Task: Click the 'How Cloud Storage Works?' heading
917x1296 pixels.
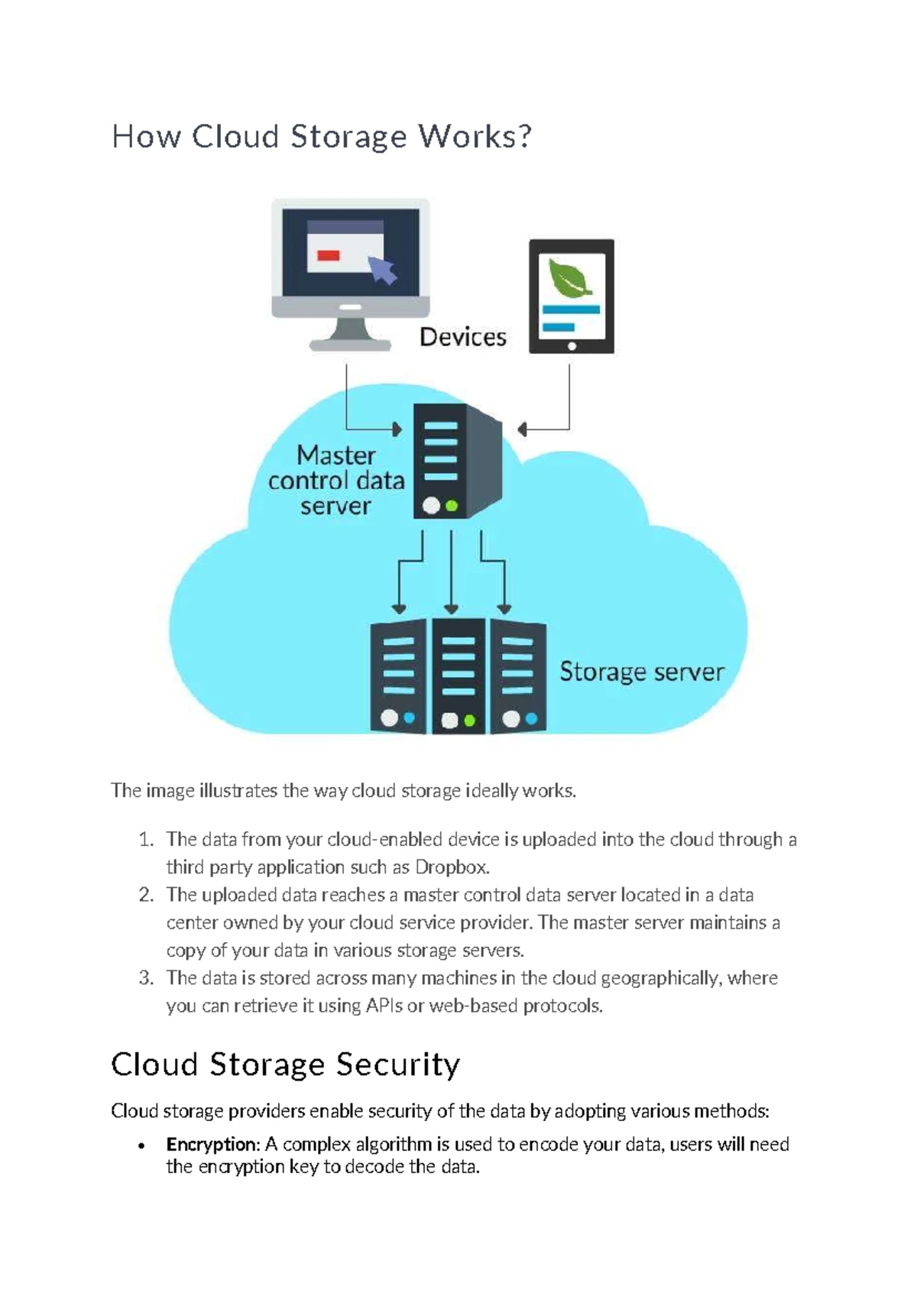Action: coord(321,138)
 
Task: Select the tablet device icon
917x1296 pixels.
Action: coord(572,296)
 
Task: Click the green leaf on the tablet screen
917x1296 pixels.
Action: coord(570,277)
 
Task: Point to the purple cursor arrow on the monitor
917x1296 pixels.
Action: coord(382,269)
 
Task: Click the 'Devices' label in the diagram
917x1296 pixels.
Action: coord(463,337)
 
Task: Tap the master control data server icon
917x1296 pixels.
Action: coord(456,462)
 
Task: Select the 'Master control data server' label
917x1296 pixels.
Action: coord(336,481)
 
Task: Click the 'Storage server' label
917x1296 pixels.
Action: coord(641,672)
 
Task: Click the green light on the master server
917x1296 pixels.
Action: coord(452,505)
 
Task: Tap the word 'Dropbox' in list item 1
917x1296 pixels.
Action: coord(451,867)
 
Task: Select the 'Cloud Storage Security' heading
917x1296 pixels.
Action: coord(285,1064)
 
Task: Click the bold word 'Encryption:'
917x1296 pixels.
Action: coord(213,1144)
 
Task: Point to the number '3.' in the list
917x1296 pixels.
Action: coord(147,978)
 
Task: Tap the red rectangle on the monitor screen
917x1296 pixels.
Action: coord(329,255)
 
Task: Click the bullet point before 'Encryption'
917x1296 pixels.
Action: coord(141,1145)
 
